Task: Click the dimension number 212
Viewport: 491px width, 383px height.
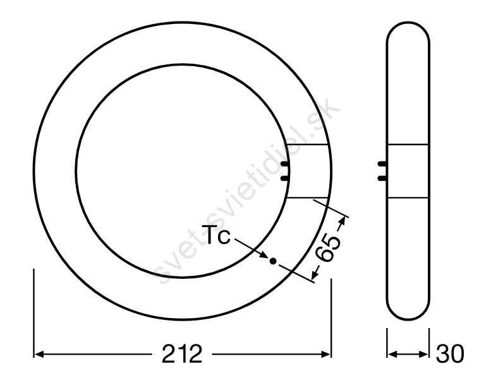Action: [182, 354]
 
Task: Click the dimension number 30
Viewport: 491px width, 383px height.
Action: [451, 354]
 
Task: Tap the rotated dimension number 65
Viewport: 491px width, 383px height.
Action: [328, 248]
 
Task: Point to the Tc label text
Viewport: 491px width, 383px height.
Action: [216, 235]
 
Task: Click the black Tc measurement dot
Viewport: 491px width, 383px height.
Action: [273, 261]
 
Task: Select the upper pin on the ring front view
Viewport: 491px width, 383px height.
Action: [284, 163]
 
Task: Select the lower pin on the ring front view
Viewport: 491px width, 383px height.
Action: [284, 178]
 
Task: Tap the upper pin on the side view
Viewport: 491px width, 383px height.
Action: [382, 163]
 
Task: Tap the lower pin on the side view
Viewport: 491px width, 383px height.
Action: [382, 178]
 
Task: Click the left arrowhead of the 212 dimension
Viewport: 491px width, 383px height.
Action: [38, 354]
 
